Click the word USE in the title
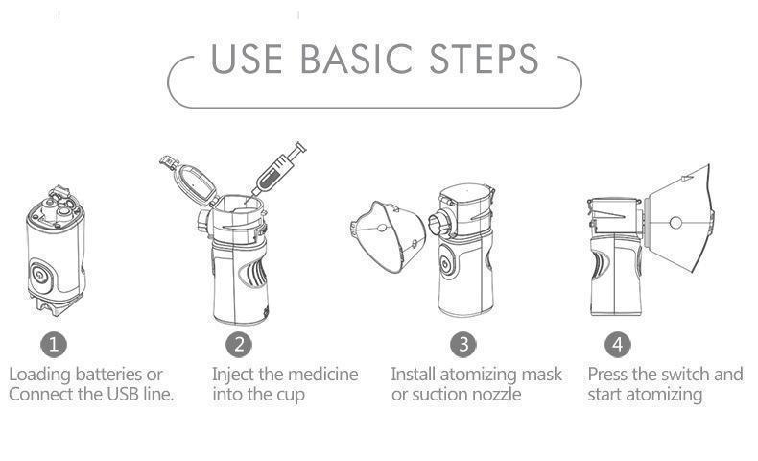(248, 60)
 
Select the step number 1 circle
(54, 344)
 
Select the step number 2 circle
(239, 344)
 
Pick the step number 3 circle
(462, 344)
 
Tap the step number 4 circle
(617, 344)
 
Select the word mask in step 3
(540, 374)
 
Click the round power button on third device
(449, 264)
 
